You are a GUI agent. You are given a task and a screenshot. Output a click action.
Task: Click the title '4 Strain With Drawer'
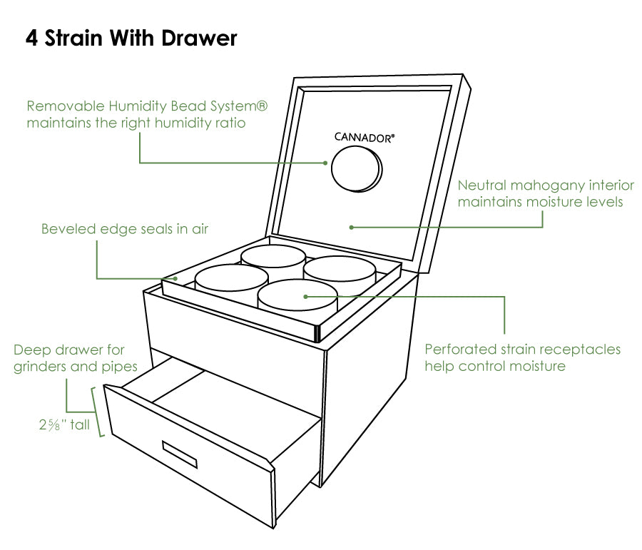click(x=131, y=38)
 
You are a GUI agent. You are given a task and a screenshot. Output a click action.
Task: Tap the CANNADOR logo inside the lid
click(x=364, y=137)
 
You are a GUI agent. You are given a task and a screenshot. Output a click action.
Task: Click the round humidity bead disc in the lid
click(x=357, y=169)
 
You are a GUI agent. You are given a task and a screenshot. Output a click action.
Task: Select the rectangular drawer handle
click(x=179, y=455)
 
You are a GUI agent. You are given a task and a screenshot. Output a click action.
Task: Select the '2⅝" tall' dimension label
click(x=64, y=426)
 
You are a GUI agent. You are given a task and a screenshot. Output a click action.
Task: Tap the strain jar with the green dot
click(x=296, y=298)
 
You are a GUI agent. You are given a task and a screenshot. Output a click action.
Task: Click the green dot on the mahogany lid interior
click(x=351, y=228)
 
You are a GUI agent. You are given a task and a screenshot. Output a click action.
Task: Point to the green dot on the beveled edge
click(x=175, y=277)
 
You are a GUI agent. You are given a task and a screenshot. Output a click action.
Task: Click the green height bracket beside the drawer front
click(x=99, y=412)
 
